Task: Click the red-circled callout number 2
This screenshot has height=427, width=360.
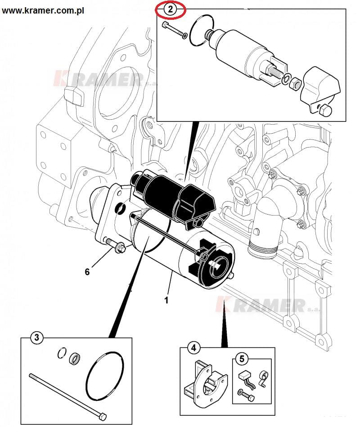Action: click(x=170, y=9)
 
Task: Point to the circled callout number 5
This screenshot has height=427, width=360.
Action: click(x=242, y=359)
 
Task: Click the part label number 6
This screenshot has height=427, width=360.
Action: click(x=87, y=271)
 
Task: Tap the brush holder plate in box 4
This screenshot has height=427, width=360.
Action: click(x=207, y=381)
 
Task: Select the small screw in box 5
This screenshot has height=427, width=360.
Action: click(x=247, y=396)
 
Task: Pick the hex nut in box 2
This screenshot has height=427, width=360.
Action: click(x=295, y=83)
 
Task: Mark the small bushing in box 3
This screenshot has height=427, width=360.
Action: click(x=75, y=359)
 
